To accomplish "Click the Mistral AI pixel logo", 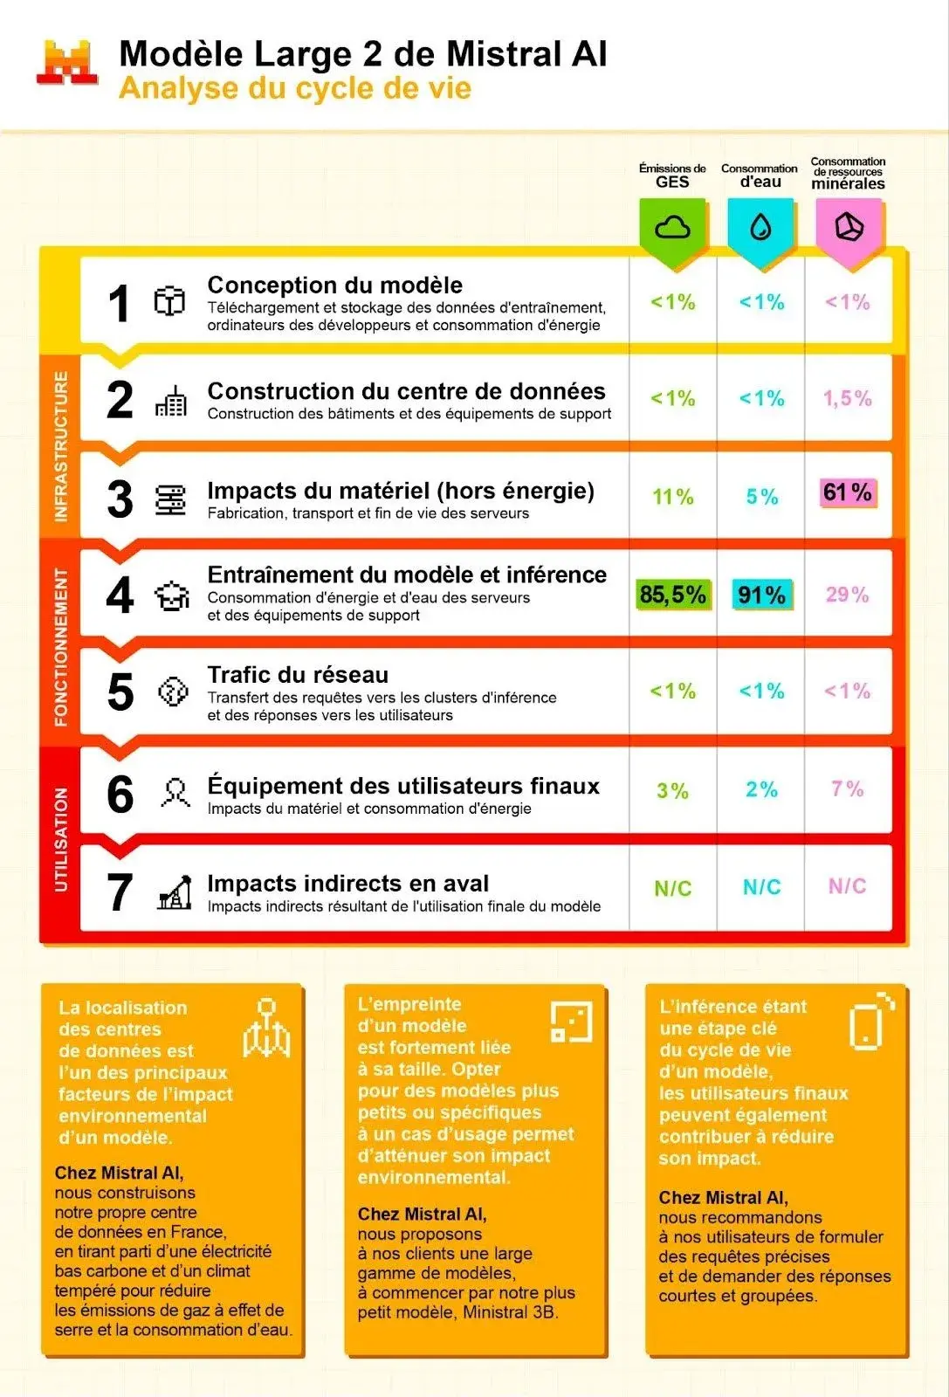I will tap(67, 63).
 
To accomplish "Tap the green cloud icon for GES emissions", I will tap(672, 228).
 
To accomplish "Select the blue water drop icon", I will tap(760, 228).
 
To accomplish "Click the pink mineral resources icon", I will tap(849, 228).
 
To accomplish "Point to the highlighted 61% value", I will tap(847, 493).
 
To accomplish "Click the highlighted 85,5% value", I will tap(672, 595).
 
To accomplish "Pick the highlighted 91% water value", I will tap(761, 595).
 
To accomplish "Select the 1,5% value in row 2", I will tap(847, 399).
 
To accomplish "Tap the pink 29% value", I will tap(847, 595).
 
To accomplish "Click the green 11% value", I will tap(673, 497).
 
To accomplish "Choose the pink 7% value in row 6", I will tap(847, 789).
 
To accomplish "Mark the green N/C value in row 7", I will tap(673, 888).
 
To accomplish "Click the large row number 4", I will tap(120, 595).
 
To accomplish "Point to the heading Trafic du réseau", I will tap(298, 675).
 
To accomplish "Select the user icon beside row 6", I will tap(175, 793).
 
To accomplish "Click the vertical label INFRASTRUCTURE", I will tap(61, 446).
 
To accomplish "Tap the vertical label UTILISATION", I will tap(61, 839).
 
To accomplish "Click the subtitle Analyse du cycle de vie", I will tap(295, 89).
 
